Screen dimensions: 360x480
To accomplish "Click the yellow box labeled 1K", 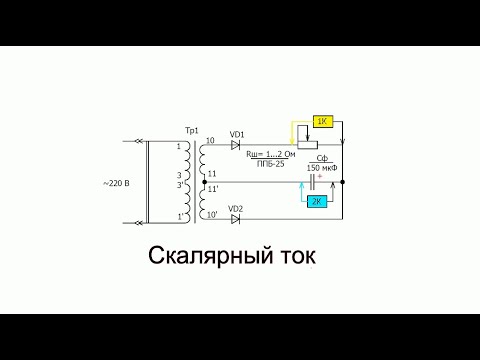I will pos(322,121).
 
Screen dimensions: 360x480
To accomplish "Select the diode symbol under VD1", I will pos(237,145).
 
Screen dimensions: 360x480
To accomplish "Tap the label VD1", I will pos(237,134).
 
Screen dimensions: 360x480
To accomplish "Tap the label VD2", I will pos(237,208).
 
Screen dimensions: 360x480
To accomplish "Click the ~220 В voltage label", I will pos(116,183).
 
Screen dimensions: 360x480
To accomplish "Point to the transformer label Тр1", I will pos(192,131).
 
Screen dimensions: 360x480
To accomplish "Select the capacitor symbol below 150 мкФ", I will pos(319,182).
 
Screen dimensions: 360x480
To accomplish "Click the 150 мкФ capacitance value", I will pos(322,168).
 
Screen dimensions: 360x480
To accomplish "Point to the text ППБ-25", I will pos(270,163).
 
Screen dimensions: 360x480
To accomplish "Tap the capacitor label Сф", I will pos(322,158).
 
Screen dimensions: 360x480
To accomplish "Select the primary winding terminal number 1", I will pos(180,147).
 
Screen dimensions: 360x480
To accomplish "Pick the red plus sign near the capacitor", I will pos(333,176).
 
